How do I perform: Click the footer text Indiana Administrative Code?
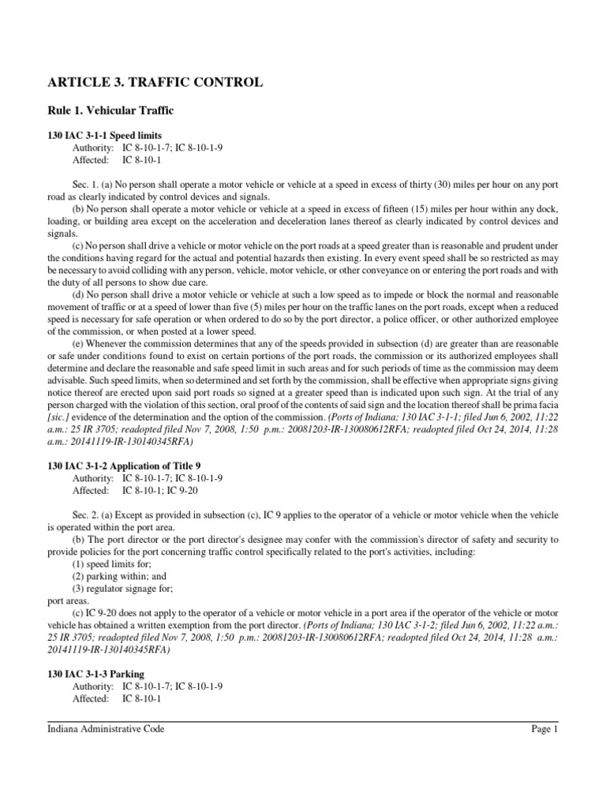click(x=107, y=730)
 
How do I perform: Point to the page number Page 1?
click(x=544, y=730)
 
